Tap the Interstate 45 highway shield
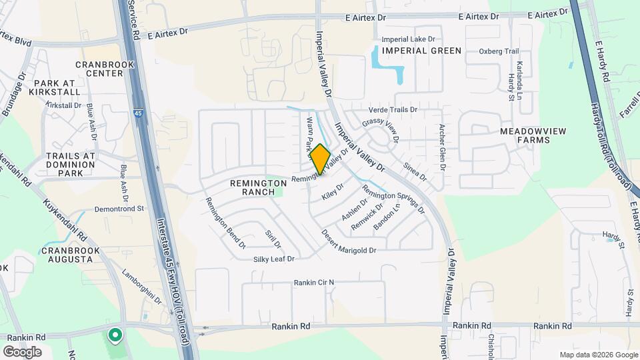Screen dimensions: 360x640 tap(137, 114)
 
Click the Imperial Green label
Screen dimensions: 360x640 tap(421, 51)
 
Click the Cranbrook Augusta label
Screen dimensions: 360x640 tap(70, 255)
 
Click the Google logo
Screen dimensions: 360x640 tap(22, 351)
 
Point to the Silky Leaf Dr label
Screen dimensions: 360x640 tap(273, 259)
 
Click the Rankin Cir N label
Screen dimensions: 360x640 tap(313, 283)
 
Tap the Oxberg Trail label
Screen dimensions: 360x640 tap(498, 51)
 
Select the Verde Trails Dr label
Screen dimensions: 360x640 tap(393, 110)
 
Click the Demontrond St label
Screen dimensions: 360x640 tap(119, 209)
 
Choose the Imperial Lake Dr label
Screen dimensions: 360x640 tap(413, 39)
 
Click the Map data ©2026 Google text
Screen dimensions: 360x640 tap(597, 355)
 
